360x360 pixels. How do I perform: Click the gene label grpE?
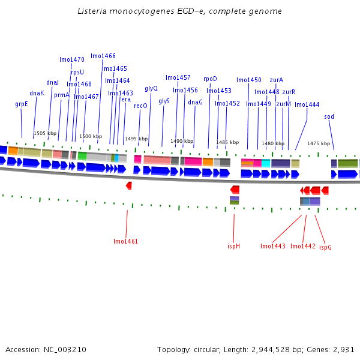click(x=22, y=104)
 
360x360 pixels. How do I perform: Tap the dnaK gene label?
click(x=37, y=93)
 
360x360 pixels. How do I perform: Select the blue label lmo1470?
click(x=72, y=59)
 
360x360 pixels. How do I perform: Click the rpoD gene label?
click(x=210, y=79)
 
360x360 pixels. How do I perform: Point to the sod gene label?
click(x=329, y=116)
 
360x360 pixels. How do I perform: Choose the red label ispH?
click(x=233, y=246)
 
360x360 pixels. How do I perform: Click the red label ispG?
click(x=325, y=247)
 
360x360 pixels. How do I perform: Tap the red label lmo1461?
click(x=125, y=241)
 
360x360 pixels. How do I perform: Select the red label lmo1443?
click(x=273, y=246)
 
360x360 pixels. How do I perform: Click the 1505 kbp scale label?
click(x=45, y=134)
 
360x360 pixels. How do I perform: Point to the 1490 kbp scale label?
click(x=182, y=142)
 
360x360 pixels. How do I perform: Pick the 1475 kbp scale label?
click(x=319, y=143)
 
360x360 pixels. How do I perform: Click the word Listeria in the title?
click(x=91, y=11)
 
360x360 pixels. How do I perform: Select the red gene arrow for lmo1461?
click(x=129, y=186)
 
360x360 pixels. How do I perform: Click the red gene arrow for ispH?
click(x=235, y=189)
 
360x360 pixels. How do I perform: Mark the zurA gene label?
click(x=276, y=80)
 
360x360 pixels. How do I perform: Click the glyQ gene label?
click(x=151, y=88)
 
